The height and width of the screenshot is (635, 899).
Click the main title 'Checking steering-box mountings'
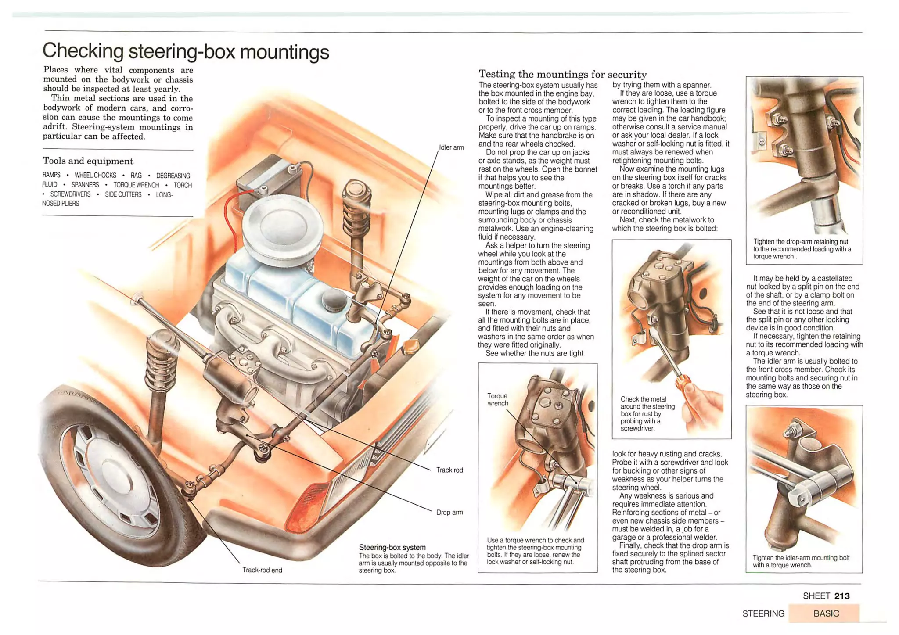(185, 52)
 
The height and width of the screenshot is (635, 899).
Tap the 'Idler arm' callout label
(451, 147)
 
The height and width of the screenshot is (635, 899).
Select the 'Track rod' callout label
(449, 470)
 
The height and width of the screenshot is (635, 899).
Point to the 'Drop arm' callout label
(449, 512)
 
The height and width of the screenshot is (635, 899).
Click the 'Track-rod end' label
(262, 570)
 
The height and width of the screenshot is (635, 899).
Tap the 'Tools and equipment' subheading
(88, 161)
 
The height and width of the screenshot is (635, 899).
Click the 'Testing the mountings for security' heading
(562, 74)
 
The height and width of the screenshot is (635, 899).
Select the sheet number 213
(842, 596)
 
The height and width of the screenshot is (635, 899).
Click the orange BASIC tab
(825, 613)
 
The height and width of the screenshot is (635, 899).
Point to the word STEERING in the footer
(763, 613)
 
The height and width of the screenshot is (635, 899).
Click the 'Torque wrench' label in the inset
(497, 399)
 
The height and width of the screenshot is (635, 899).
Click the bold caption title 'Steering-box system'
(392, 547)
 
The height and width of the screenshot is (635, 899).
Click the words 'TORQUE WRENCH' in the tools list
(136, 185)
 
